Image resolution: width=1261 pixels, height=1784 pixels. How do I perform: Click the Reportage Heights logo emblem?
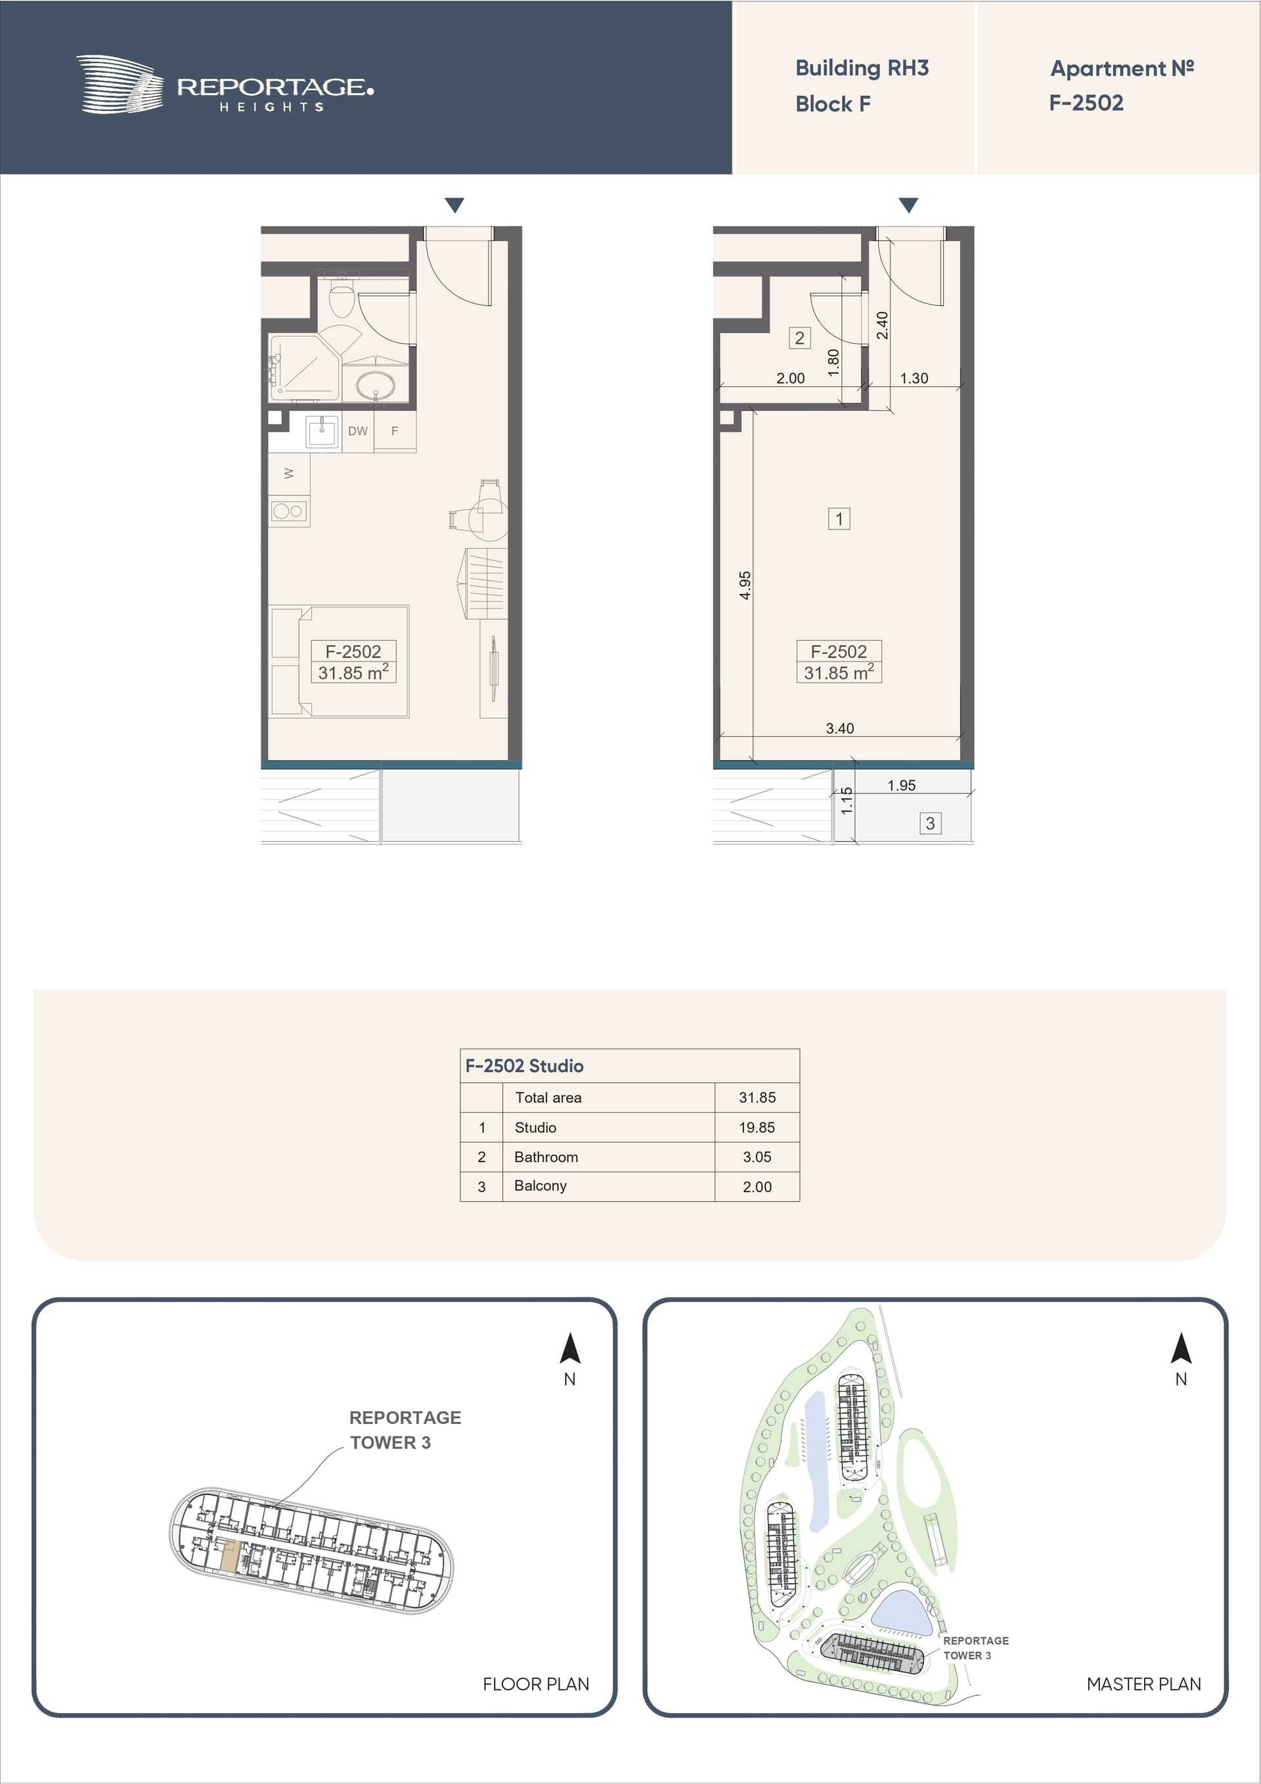120,84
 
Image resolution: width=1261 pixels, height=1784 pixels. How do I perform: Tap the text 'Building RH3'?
862,68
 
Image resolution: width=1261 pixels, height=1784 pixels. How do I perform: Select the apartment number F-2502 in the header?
1086,102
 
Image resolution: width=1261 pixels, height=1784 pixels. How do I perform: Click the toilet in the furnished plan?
342,298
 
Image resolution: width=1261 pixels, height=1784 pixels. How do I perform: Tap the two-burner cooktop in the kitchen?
288,510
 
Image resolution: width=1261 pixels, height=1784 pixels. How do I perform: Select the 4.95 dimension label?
745,585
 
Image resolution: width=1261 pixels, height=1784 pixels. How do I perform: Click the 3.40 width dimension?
839,728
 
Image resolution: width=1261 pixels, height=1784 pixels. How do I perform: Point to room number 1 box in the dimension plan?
839,518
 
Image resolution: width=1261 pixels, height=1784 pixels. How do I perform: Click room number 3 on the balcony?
930,823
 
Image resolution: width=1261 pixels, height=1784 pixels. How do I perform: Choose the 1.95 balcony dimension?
901,785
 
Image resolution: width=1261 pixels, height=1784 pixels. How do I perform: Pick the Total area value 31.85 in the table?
757,1097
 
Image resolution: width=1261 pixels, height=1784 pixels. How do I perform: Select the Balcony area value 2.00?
757,1186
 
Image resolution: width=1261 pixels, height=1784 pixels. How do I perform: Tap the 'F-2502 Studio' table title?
525,1065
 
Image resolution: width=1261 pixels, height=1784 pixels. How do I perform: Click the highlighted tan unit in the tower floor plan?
229,1555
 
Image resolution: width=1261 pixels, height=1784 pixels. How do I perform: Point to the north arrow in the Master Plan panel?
1181,1348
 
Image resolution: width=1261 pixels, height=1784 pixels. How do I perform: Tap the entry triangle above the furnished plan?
454,205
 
